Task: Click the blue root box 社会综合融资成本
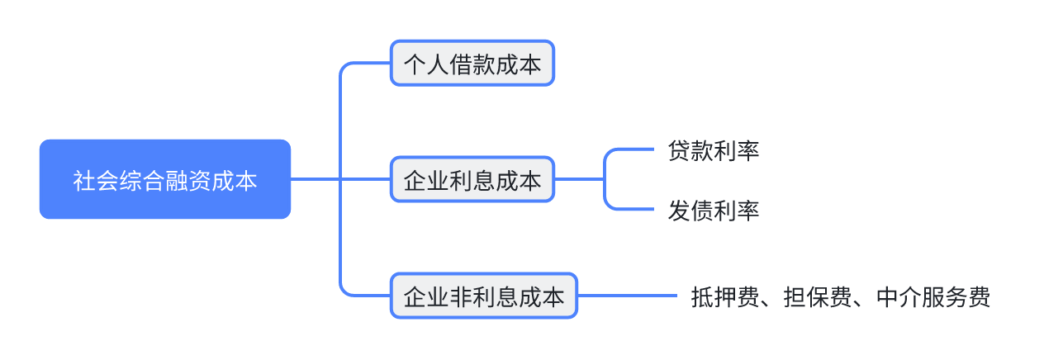pyautogui.click(x=165, y=179)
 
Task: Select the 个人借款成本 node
pyautogui.click(x=472, y=63)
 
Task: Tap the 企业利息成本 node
pyautogui.click(x=472, y=179)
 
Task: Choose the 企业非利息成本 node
pyautogui.click(x=483, y=296)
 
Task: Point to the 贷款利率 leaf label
pyautogui.click(x=714, y=151)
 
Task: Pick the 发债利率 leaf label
pyautogui.click(x=714, y=211)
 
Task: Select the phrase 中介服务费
pyautogui.click(x=932, y=297)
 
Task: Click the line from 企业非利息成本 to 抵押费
pyautogui.click(x=628, y=296)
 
